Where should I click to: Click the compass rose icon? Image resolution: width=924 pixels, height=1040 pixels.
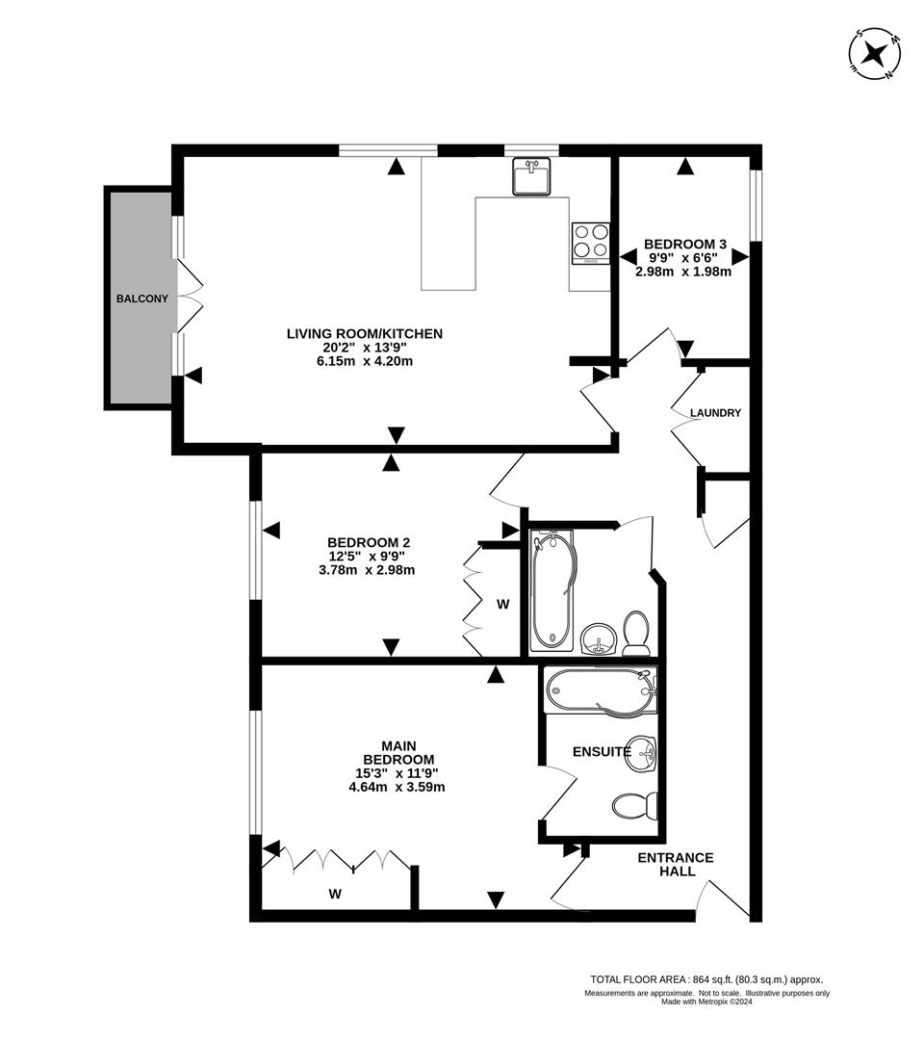click(875, 53)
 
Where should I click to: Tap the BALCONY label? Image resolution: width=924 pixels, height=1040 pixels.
click(141, 299)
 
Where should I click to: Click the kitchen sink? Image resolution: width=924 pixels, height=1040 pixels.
click(531, 177)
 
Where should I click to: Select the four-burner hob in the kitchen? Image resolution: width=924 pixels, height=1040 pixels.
click(591, 243)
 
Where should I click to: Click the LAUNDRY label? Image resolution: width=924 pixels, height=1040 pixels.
click(715, 413)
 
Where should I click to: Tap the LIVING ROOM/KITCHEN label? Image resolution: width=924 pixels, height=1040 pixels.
click(365, 334)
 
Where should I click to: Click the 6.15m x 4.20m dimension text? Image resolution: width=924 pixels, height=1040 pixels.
click(365, 361)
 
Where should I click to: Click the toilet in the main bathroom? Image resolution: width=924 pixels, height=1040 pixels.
click(636, 631)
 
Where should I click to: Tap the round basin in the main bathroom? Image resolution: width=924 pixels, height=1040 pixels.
click(599, 638)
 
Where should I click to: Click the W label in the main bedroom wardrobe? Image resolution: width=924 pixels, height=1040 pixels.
click(335, 894)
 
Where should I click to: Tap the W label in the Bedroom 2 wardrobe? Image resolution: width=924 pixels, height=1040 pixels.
click(502, 604)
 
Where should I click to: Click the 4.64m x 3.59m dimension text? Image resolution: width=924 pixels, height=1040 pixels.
click(397, 786)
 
